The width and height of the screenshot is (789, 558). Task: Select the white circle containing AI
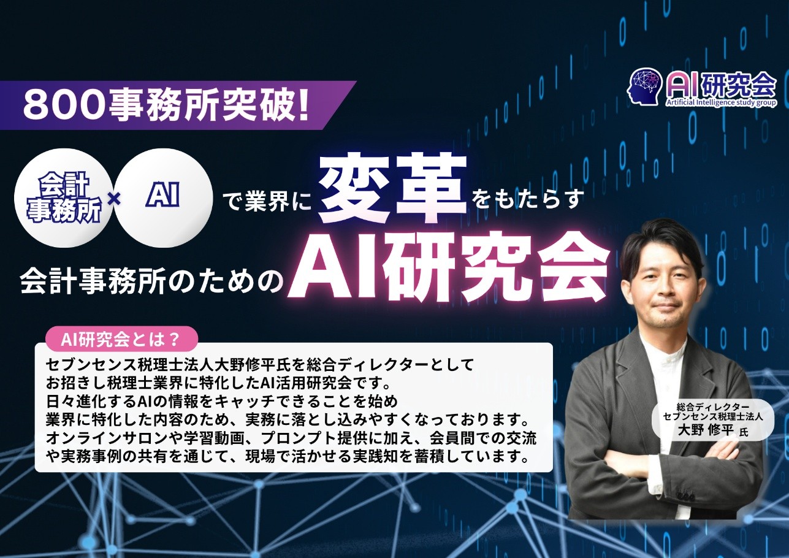pos(163,198)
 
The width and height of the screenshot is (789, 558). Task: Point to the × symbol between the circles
pos(113,199)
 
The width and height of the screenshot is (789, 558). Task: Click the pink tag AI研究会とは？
pos(121,340)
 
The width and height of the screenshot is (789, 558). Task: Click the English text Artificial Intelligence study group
pos(721,102)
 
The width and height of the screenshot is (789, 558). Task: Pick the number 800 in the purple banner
pos(64,106)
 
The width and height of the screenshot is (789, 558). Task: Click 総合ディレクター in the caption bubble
pos(713,407)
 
